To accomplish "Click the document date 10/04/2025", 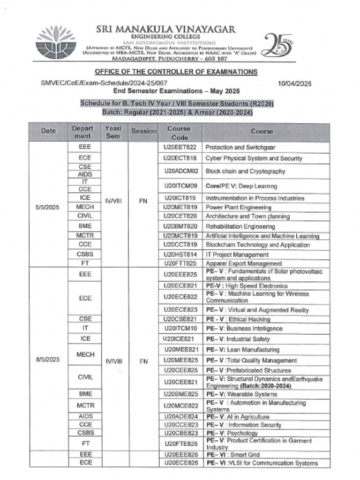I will coord(294,84).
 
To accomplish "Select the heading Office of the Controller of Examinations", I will coord(176,72).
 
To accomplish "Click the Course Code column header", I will coord(180,133).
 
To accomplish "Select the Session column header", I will coord(143,131).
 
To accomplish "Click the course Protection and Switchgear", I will coord(240,147).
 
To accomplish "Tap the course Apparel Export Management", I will coord(244,263).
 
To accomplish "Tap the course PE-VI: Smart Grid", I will coord(230,454).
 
